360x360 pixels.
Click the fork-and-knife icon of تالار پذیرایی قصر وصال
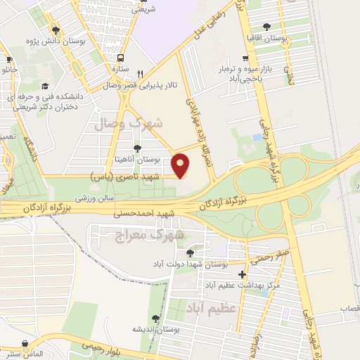click(141, 73)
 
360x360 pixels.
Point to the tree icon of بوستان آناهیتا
click(136, 148)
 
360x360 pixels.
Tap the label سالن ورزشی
click(94, 200)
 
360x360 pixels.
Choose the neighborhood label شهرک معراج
click(148, 236)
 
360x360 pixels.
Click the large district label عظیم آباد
click(214, 308)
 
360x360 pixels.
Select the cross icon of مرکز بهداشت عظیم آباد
click(243, 275)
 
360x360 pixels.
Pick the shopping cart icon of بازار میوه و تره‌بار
click(245, 59)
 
